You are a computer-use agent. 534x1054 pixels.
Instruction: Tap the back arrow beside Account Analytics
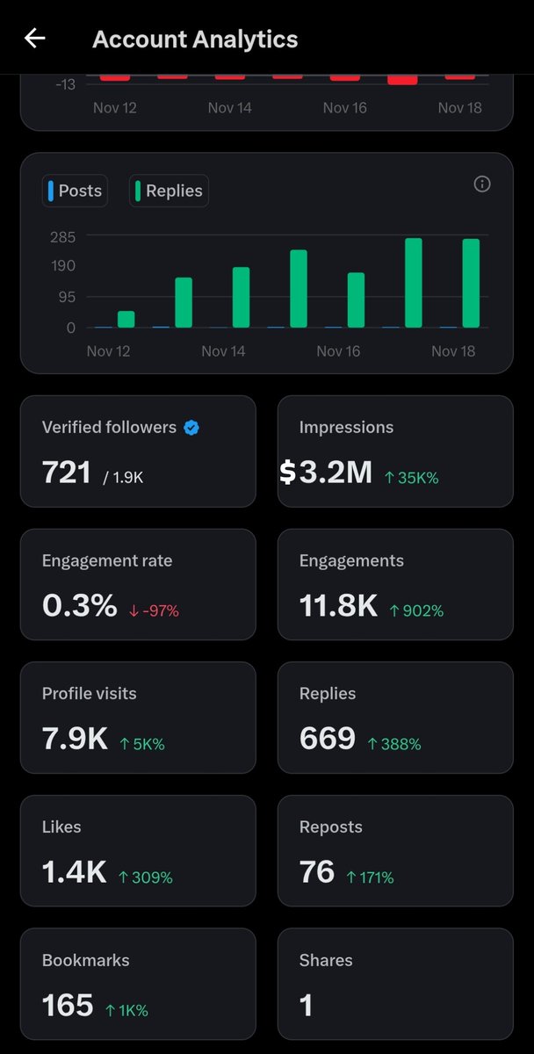pyautogui.click(x=35, y=39)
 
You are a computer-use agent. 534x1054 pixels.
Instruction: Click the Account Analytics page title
pyautogui.click(x=195, y=40)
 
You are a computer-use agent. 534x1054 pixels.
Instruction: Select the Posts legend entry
pyautogui.click(x=75, y=191)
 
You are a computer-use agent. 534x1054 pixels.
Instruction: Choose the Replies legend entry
pyautogui.click(x=169, y=191)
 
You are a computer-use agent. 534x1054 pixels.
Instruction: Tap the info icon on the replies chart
pyautogui.click(x=481, y=184)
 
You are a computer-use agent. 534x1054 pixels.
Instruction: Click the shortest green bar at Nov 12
pyautogui.click(x=126, y=319)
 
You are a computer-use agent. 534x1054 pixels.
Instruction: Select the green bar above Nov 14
pyautogui.click(x=241, y=297)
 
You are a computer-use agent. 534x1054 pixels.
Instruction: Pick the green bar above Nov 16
pyautogui.click(x=356, y=300)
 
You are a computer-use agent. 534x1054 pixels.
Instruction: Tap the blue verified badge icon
pyautogui.click(x=191, y=428)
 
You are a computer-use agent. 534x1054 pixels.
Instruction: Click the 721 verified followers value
pyautogui.click(x=67, y=473)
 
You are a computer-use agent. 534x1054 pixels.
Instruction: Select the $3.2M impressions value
pyautogui.click(x=327, y=473)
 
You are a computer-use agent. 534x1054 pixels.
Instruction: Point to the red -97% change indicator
pyautogui.click(x=154, y=610)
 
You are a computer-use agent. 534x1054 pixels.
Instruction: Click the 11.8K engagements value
pyautogui.click(x=338, y=606)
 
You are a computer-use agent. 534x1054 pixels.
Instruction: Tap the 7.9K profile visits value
pyautogui.click(x=75, y=740)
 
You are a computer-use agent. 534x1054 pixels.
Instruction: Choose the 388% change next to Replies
pyautogui.click(x=394, y=744)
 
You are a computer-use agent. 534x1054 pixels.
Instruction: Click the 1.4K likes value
pyautogui.click(x=74, y=872)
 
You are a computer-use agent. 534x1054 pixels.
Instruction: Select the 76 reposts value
pyautogui.click(x=317, y=872)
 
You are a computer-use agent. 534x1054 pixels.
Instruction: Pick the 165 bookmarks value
pyautogui.click(x=68, y=1006)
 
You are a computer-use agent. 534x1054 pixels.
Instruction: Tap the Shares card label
pyautogui.click(x=326, y=960)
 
